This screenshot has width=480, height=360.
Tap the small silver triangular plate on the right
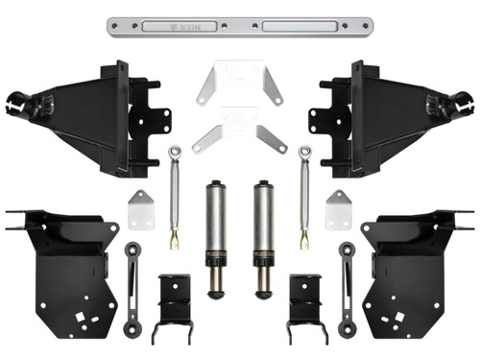coord(337,208)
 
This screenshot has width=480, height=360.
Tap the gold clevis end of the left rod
coord(175,237)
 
